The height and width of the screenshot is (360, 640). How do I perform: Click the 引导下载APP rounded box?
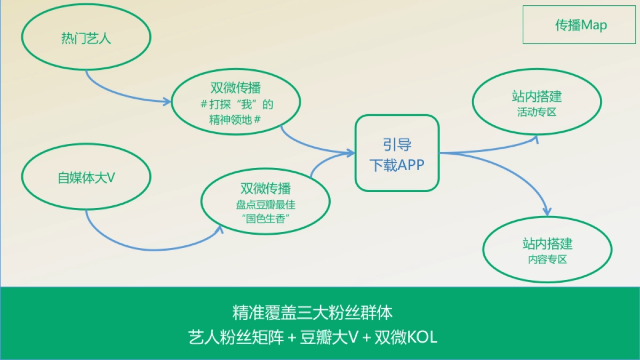click(x=397, y=153)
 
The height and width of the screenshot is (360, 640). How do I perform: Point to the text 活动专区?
click(x=537, y=113)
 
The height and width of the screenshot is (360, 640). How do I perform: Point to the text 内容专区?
click(x=547, y=260)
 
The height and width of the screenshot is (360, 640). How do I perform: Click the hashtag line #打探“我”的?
click(x=235, y=104)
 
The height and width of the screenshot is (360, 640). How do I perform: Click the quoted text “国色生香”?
click(x=265, y=219)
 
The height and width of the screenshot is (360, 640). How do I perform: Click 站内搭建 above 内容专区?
click(x=547, y=244)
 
